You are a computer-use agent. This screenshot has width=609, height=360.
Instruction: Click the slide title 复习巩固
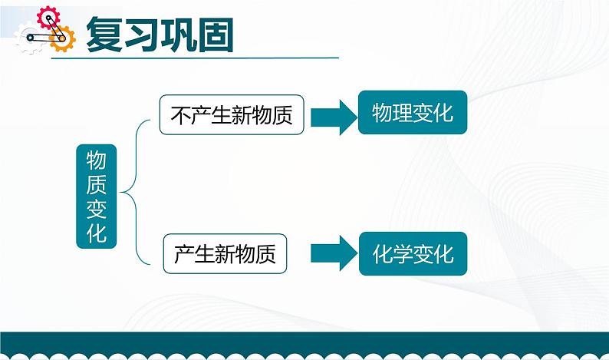[x=160, y=34]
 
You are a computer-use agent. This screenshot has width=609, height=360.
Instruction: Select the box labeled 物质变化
[x=96, y=196]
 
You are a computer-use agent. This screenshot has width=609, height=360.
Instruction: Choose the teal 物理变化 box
[x=413, y=114]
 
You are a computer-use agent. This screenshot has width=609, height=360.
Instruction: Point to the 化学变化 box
[x=413, y=253]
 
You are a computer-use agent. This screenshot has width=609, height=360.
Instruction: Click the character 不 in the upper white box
[x=179, y=115]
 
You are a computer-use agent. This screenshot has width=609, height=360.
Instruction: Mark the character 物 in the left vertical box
[x=96, y=160]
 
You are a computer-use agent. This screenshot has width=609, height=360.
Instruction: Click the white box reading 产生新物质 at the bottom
[x=225, y=253]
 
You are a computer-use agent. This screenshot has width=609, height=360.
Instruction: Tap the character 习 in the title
[x=141, y=34]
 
